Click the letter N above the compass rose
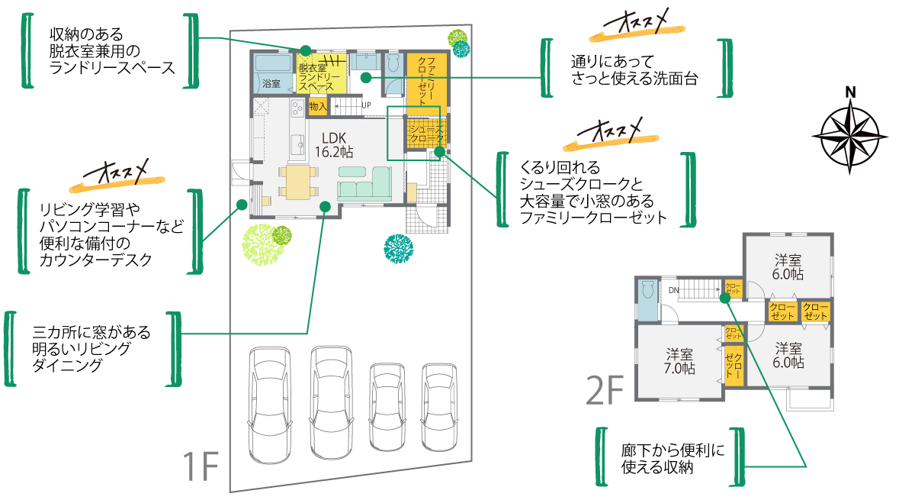click(x=850, y=93)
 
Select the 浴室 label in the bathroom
click(x=271, y=83)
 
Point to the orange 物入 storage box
click(x=318, y=107)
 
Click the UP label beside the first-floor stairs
click(x=366, y=105)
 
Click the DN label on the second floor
click(x=673, y=290)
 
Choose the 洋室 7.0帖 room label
click(x=680, y=361)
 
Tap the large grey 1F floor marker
click(x=201, y=467)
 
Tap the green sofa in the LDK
click(x=364, y=184)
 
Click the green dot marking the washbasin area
click(x=366, y=76)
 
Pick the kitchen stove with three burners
click(x=295, y=113)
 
